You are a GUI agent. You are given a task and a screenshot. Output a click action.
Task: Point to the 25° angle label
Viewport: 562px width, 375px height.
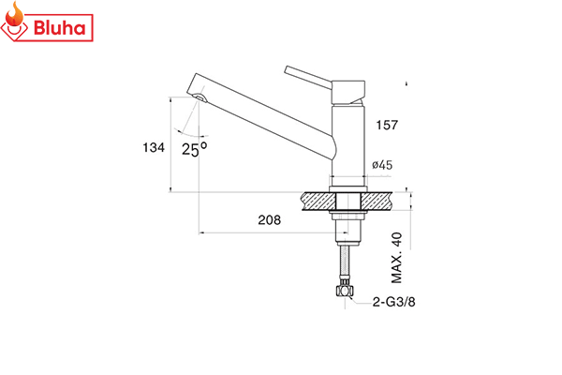click(194, 149)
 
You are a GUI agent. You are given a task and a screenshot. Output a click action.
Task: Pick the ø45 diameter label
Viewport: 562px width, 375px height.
click(381, 165)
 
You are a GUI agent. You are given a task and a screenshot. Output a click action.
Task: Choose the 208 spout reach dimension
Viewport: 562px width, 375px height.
click(270, 221)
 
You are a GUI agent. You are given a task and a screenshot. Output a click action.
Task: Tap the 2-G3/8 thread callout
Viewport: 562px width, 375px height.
click(392, 302)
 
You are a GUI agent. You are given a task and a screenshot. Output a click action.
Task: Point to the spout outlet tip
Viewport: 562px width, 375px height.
click(200, 97)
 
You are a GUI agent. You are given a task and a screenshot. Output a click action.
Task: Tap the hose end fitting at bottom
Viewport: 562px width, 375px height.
click(346, 291)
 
